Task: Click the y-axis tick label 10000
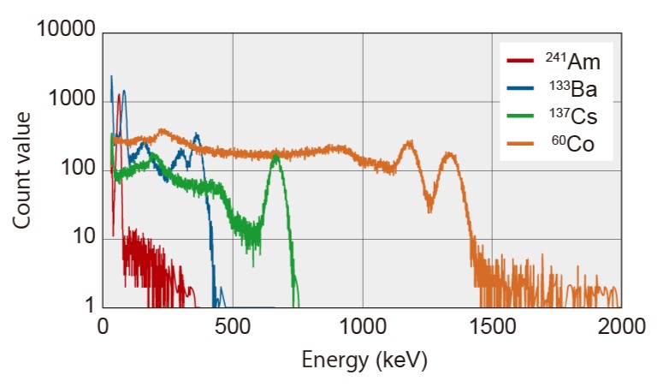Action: pos(64,32)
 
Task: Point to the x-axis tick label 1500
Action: pos(492,326)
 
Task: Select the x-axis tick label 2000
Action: pos(621,326)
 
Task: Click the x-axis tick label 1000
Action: pos(362,326)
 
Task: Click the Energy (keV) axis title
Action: pos(364,360)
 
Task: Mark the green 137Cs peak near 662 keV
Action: pos(275,155)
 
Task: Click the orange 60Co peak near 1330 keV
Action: pos(449,155)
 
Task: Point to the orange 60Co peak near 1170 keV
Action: pos(408,143)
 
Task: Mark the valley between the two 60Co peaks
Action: pos(429,208)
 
